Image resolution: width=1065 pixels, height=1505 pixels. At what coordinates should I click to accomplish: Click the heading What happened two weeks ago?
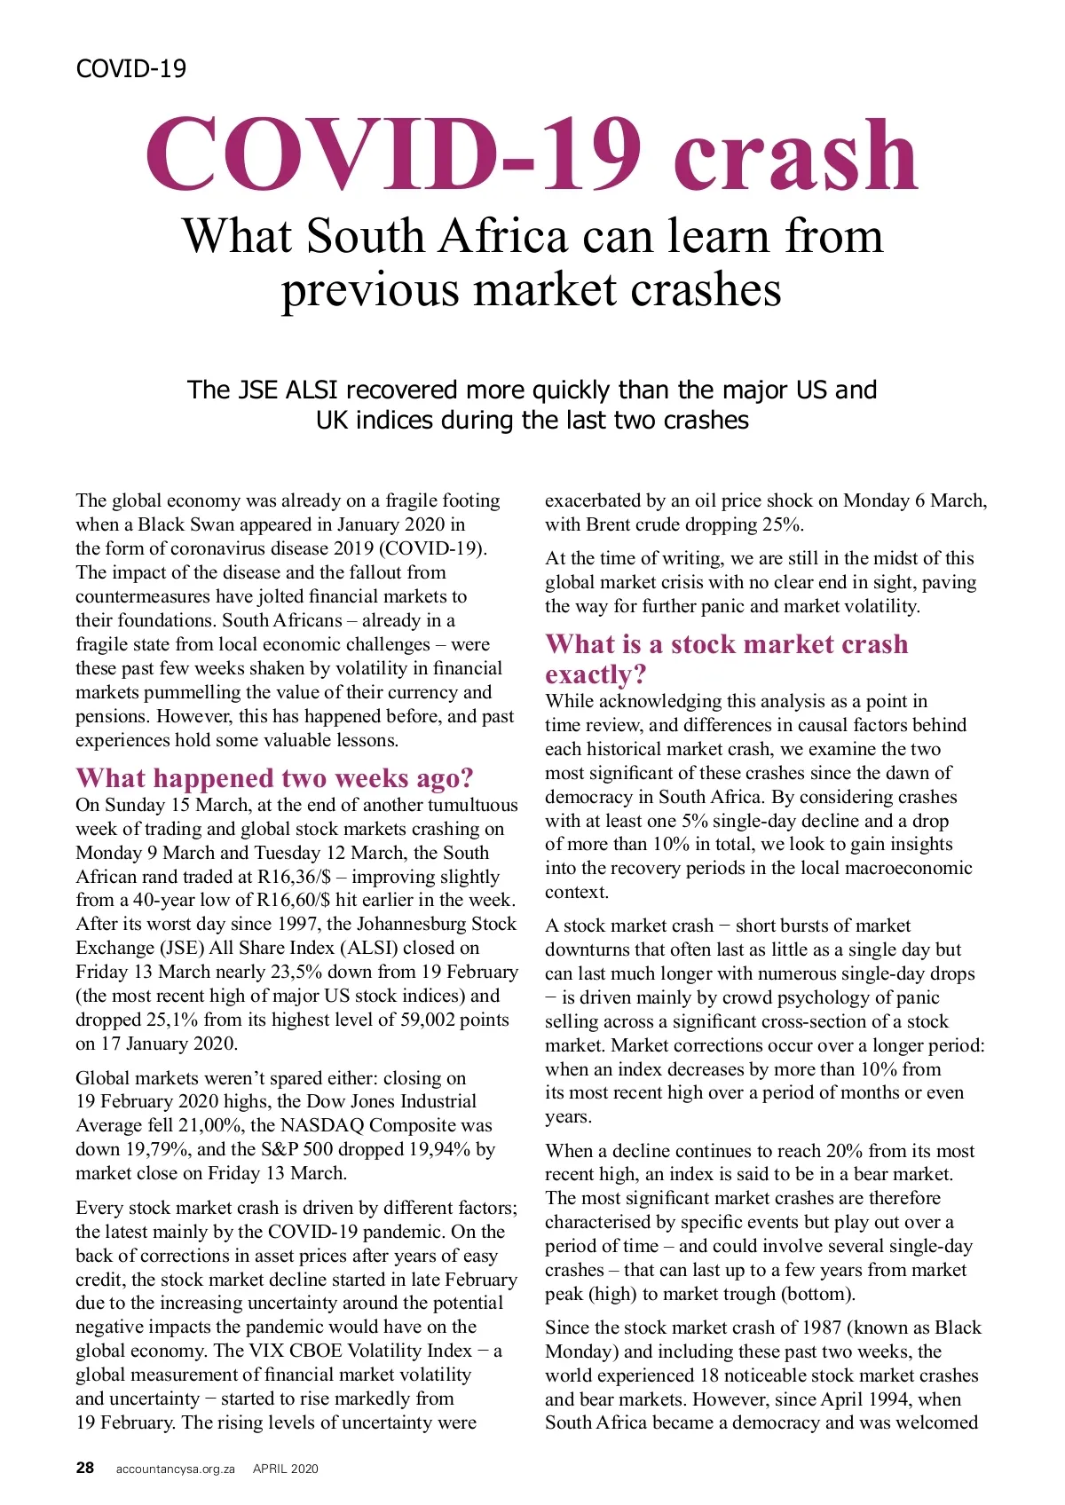(x=274, y=777)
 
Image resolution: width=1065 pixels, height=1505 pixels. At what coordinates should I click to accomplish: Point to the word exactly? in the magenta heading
(x=596, y=674)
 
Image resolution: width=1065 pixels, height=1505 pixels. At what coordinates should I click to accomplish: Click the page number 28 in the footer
(x=84, y=1468)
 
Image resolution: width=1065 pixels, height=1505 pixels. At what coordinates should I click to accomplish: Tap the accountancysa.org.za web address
(x=175, y=1469)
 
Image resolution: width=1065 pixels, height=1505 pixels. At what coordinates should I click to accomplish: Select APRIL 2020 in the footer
(x=285, y=1469)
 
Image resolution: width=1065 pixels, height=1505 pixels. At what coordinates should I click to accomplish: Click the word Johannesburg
(x=384, y=924)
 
